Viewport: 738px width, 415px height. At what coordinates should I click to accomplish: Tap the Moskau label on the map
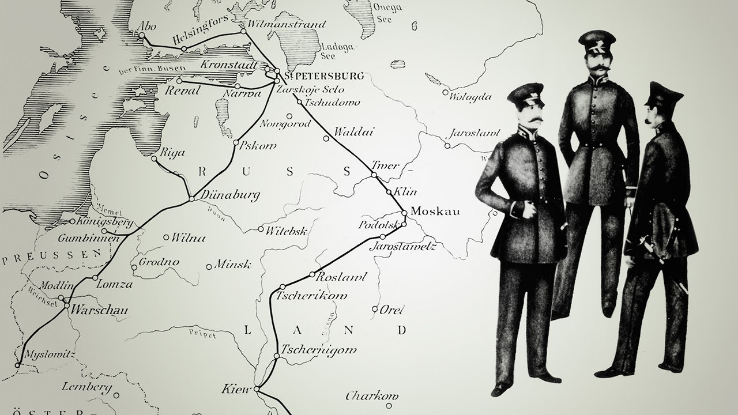pos(435,212)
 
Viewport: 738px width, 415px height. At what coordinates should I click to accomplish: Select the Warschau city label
pos(99,310)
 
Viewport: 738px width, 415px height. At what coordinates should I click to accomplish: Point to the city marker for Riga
pos(154,159)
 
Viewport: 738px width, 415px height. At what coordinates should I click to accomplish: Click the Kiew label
pos(236,390)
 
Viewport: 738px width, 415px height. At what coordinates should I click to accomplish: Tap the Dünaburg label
pos(230,195)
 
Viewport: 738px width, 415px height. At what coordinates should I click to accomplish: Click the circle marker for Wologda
pos(445,92)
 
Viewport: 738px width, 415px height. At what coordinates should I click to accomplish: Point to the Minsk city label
pos(233,265)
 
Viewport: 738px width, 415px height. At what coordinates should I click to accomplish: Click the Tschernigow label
pos(319,350)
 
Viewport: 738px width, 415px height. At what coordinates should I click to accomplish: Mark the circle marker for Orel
pos(375,309)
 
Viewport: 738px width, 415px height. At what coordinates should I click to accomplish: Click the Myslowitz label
pos(51,354)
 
